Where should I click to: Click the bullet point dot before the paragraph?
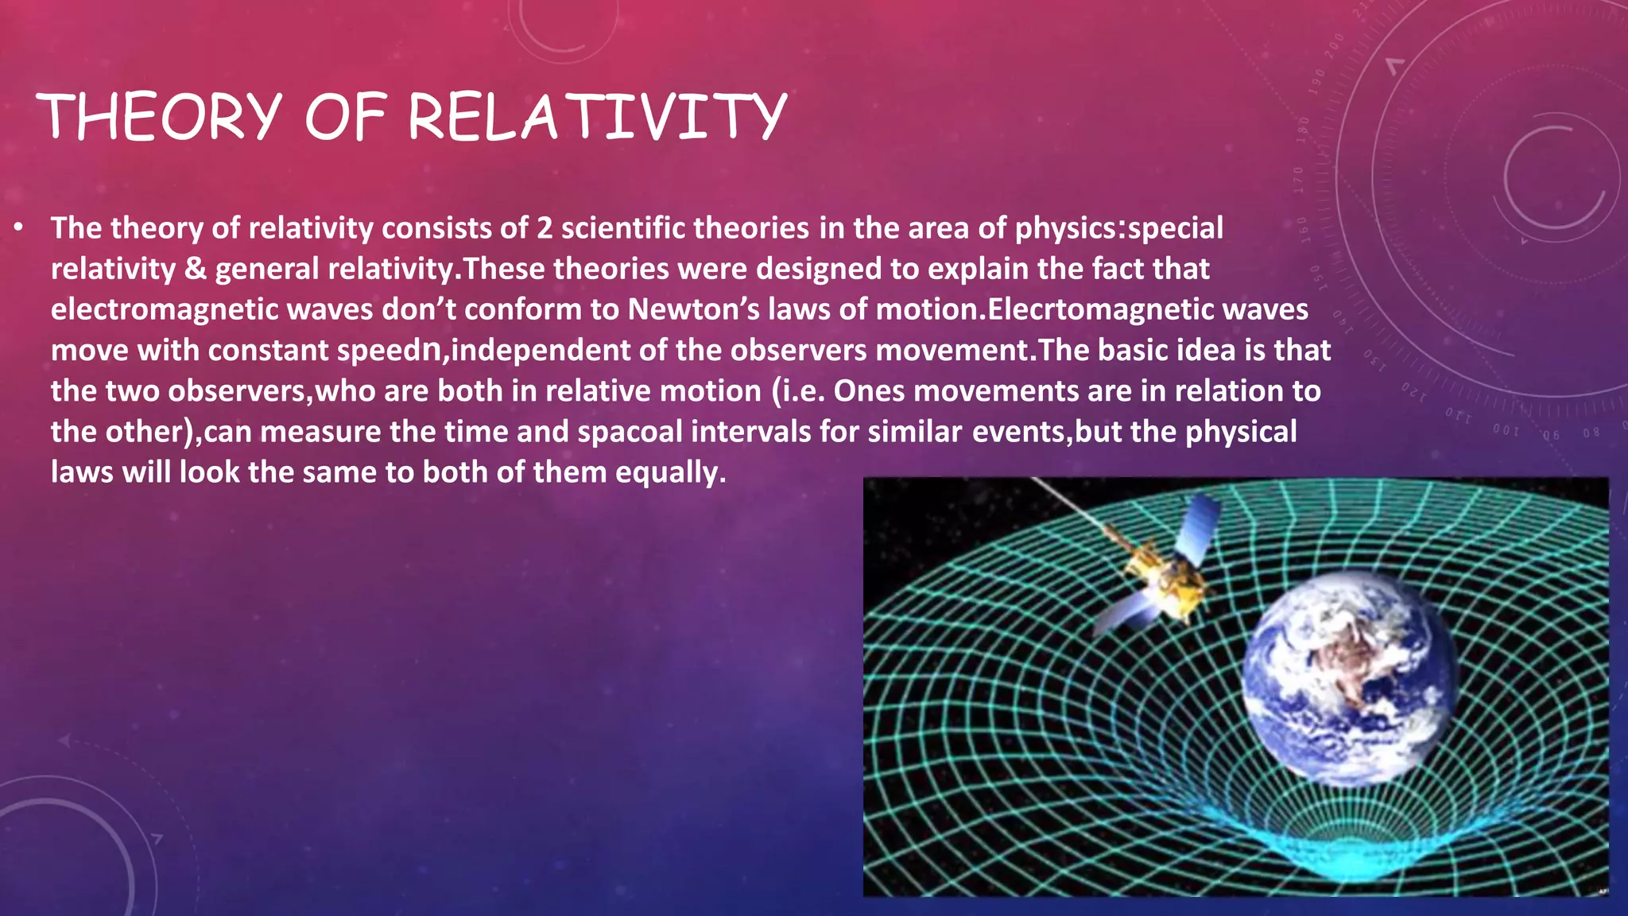point(18,229)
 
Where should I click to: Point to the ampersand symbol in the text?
point(195,270)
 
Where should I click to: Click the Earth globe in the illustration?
point(1350,680)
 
